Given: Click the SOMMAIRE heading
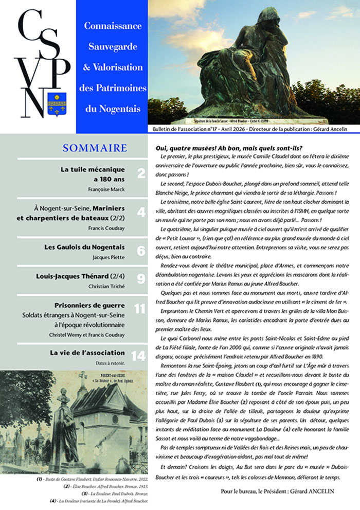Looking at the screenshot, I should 95,148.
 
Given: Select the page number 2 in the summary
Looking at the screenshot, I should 141,174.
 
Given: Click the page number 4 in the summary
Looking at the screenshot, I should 141,212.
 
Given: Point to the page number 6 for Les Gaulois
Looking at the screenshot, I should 141,251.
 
